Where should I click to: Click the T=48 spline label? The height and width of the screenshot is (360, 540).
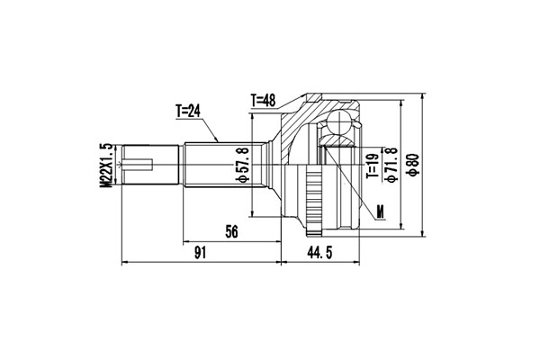tap(264, 101)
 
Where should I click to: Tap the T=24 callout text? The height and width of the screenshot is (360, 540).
tap(188, 111)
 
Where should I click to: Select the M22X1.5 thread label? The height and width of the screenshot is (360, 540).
tap(106, 166)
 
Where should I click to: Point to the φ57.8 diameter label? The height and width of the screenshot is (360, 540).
tap(242, 165)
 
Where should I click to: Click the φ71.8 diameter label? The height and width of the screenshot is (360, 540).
tap(392, 165)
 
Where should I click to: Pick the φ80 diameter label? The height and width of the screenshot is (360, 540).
tap(413, 165)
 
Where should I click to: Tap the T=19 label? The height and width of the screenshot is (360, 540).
tap(373, 166)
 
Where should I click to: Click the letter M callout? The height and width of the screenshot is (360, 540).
tap(380, 211)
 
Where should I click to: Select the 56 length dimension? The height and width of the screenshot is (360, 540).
tap(231, 232)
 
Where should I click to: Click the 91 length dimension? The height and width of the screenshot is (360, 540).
tap(200, 253)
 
